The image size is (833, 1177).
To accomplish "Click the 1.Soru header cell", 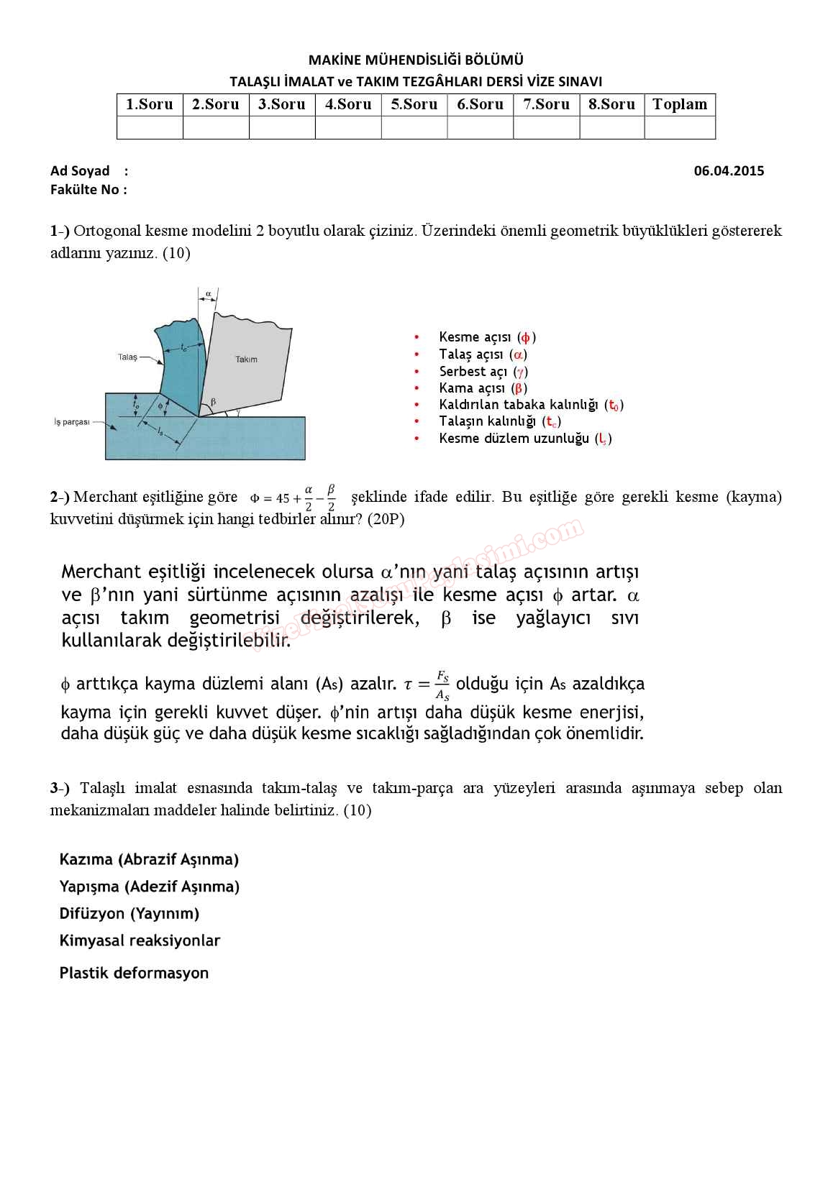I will coord(150,105).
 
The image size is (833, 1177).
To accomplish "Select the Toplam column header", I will coord(680,105).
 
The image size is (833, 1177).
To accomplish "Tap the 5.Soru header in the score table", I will coord(414,105).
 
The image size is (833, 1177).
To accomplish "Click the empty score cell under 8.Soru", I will coord(612,128).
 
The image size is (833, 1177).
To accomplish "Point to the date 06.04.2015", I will coord(729,171).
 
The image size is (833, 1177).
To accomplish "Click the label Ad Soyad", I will coord(80,171).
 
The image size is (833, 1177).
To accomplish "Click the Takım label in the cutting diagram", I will coord(246,359).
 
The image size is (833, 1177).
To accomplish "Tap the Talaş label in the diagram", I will coord(127,357).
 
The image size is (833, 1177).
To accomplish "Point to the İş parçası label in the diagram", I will coord(72,422).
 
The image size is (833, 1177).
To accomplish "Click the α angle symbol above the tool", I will coord(208,294).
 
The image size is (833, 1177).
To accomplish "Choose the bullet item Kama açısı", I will coord(483,388).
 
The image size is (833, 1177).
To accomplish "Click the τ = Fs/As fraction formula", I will coord(427,684).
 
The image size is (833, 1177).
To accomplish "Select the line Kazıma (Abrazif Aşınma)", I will coord(149,859).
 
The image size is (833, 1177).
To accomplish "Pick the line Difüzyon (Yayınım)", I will coord(129,914).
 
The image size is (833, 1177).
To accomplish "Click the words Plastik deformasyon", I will coord(134,974).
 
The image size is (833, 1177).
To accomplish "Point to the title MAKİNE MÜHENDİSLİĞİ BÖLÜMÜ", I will coord(416,60).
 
